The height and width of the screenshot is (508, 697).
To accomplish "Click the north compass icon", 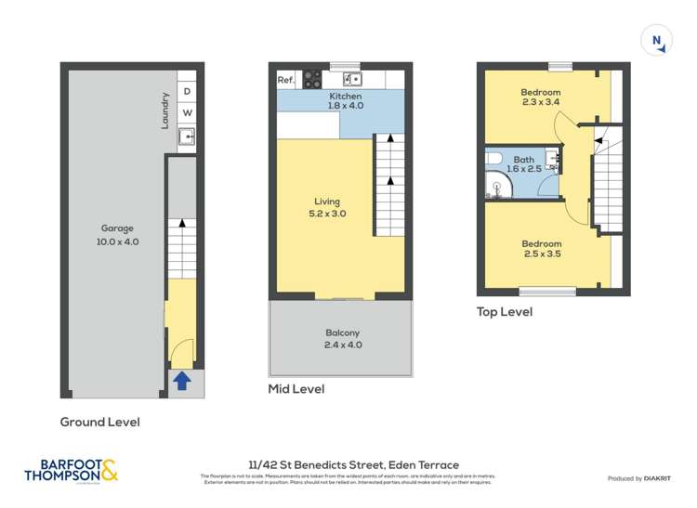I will click(x=657, y=40).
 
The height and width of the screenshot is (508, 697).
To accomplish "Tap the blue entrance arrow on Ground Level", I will click(x=182, y=380).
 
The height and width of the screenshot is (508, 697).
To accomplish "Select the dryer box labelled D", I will click(x=187, y=91).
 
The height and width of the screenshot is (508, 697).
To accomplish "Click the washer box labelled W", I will click(x=187, y=113).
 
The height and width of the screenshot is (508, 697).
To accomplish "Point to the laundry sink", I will click(x=187, y=138).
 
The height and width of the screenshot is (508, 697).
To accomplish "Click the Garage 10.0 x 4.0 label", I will click(x=117, y=235).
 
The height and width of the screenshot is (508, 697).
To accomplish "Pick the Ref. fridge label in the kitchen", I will click(x=286, y=81).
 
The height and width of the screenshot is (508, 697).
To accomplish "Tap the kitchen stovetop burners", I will click(x=311, y=80).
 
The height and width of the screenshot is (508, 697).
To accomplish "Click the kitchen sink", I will click(x=351, y=79).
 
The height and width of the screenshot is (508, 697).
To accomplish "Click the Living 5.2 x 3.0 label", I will click(x=326, y=208).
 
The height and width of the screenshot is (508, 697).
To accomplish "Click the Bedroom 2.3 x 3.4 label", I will click(x=540, y=98).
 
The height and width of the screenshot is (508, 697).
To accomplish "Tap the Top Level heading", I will click(x=505, y=312).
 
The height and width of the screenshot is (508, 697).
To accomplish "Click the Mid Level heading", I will click(x=296, y=389).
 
